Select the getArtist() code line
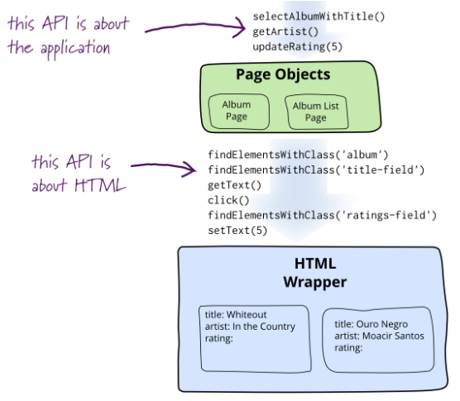[281, 31]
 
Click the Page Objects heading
[283, 74]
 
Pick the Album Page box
[235, 112]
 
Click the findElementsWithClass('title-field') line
[315, 169]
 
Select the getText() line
[234, 185]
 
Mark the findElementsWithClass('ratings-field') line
[321, 215]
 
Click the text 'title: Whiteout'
[236, 315]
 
